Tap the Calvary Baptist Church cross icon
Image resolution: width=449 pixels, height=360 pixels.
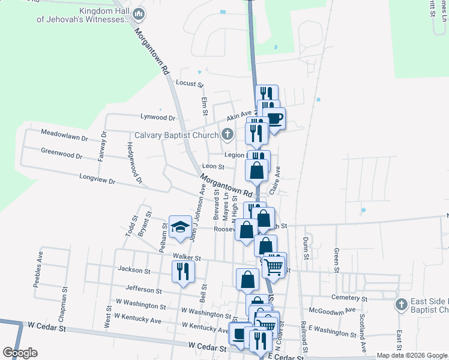coord(228,134)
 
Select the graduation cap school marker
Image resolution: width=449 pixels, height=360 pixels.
coord(179,227)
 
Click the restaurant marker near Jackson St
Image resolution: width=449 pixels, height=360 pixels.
coord(184,270)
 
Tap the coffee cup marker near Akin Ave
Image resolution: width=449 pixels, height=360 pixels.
coord(274,118)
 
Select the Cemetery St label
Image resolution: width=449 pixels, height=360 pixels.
coord(349,298)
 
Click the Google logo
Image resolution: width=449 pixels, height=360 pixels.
coord(20,353)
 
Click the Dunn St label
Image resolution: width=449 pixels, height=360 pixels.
coord(306,246)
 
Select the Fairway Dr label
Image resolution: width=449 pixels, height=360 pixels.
coord(103,146)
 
